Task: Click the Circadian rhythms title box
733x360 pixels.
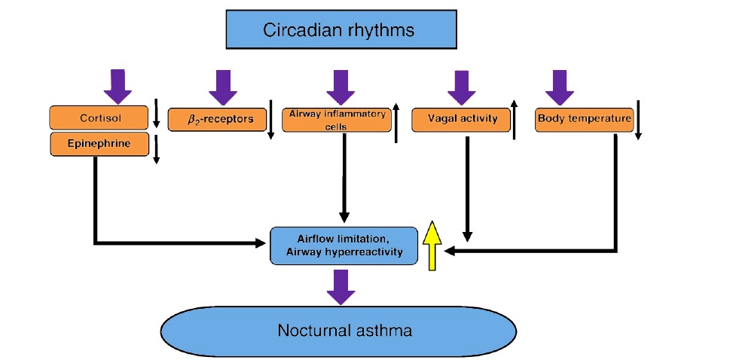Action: (x=339, y=31)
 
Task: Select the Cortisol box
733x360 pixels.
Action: (x=99, y=118)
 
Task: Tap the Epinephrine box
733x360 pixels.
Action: (x=99, y=144)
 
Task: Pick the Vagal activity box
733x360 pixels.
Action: (x=460, y=120)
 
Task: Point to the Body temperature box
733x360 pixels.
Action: (x=583, y=119)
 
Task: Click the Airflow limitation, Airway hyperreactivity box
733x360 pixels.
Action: (x=344, y=246)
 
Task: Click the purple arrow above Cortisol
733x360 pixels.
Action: (x=117, y=85)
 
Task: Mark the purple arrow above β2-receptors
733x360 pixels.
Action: (x=224, y=87)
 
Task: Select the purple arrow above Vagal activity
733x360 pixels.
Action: (x=463, y=87)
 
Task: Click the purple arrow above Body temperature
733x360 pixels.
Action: (x=559, y=87)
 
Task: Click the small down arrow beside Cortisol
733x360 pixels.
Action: (x=156, y=114)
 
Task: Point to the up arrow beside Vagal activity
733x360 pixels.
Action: (x=514, y=119)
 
